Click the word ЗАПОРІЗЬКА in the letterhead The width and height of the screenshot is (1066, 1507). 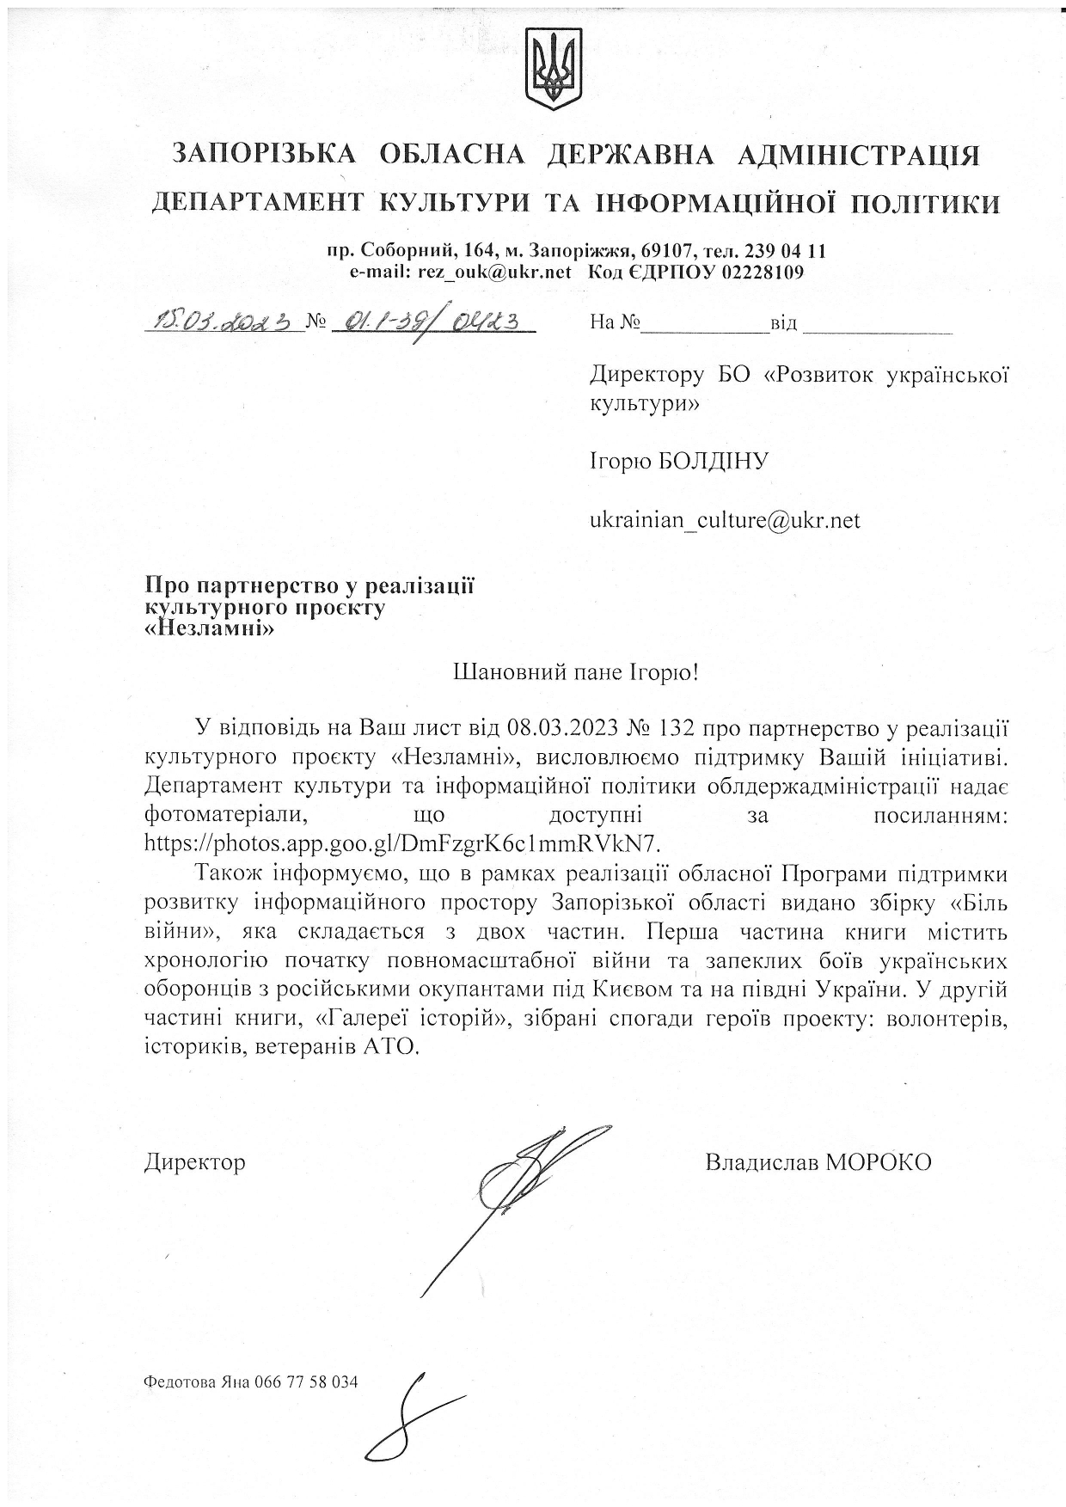[264, 154]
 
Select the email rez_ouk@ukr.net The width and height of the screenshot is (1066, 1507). [494, 273]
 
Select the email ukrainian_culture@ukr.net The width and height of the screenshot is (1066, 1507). [725, 520]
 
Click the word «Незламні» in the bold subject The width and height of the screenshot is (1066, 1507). [208, 628]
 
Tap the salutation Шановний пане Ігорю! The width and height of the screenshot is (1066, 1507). [575, 672]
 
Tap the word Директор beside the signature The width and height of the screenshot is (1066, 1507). [195, 1162]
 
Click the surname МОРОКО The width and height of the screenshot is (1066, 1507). [879, 1162]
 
